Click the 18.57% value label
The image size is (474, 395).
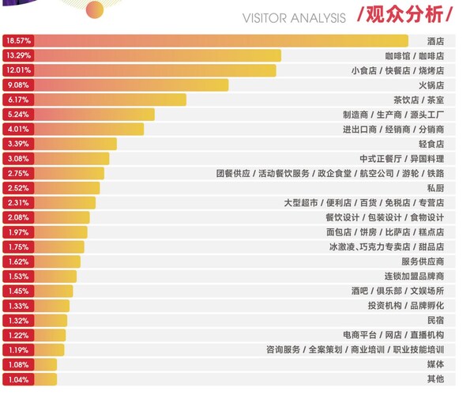click(x=17, y=40)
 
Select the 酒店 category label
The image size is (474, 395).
click(x=434, y=40)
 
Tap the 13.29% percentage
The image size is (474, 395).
click(x=17, y=55)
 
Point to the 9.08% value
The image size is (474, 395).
click(x=17, y=85)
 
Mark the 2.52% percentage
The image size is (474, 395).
click(x=17, y=188)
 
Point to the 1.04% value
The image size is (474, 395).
click(x=17, y=379)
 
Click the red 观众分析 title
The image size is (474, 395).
click(x=404, y=14)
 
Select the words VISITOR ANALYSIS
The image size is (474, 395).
click(x=294, y=17)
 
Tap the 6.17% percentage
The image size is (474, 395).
click(x=17, y=100)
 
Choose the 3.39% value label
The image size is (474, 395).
click(x=17, y=144)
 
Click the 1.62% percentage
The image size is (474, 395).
click(x=17, y=261)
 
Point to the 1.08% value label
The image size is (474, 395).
click(x=17, y=364)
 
